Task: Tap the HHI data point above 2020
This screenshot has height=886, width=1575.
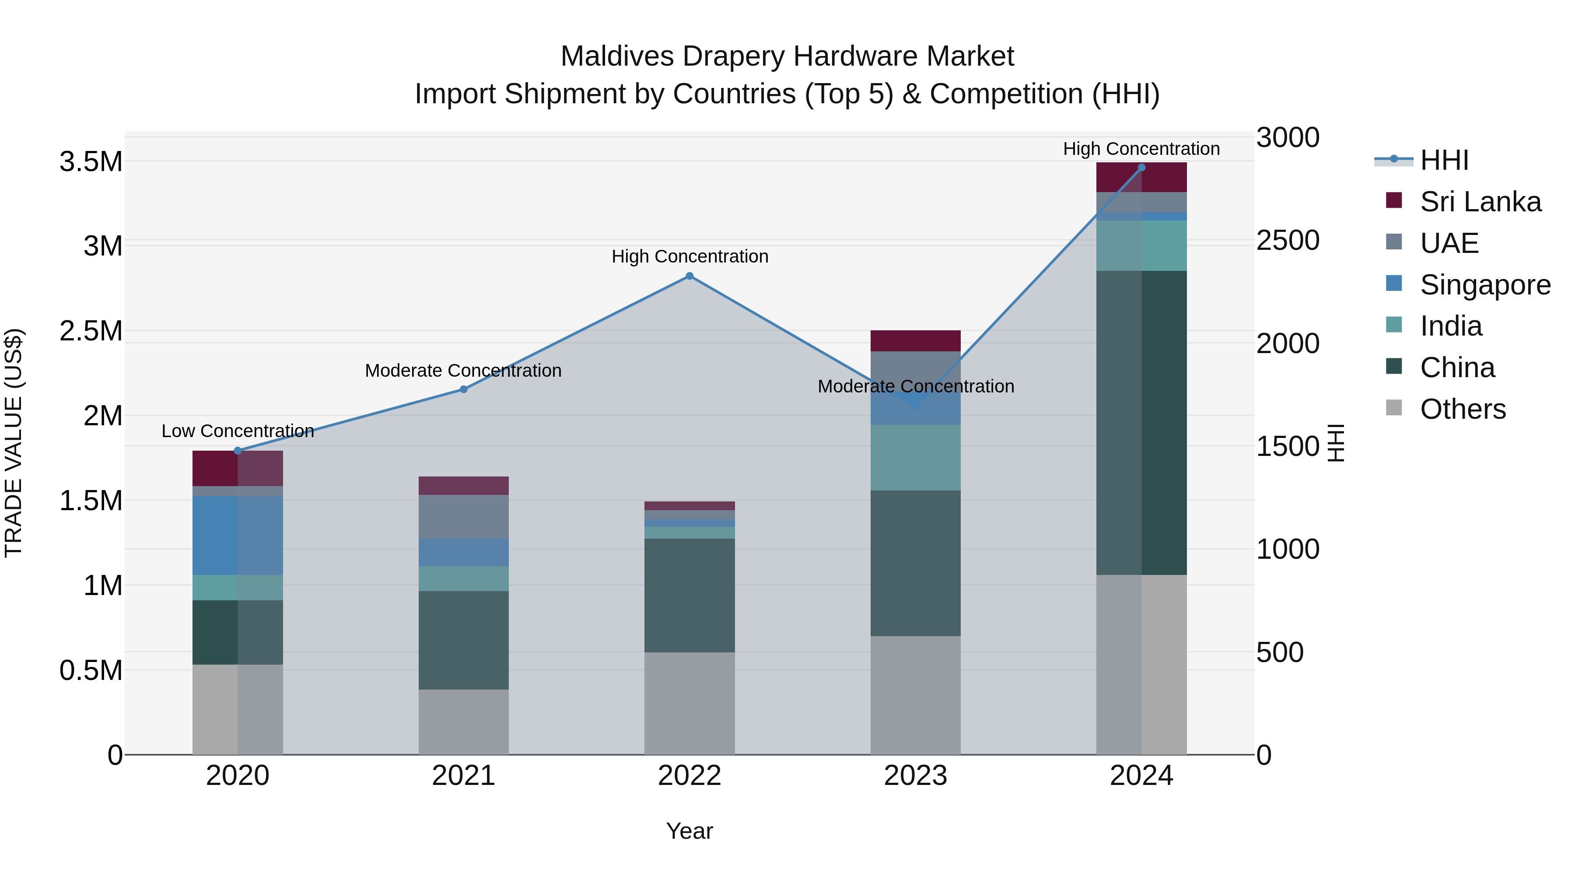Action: [238, 451]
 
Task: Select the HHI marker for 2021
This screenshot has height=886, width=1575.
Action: [463, 389]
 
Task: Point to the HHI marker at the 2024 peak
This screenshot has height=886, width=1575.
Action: [1141, 168]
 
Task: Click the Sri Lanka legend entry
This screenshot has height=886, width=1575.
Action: [1480, 202]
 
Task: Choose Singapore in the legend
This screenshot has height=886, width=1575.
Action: [1484, 285]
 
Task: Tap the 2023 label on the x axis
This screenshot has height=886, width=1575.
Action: [915, 776]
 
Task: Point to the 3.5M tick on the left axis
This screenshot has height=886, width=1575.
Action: [91, 162]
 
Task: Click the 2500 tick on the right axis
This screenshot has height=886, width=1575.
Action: [1288, 240]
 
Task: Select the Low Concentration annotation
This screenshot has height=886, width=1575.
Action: [238, 431]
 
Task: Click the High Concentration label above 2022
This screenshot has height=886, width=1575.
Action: [689, 256]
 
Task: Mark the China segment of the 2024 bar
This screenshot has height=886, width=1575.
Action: [1141, 422]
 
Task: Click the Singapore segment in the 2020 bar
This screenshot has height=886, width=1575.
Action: [238, 535]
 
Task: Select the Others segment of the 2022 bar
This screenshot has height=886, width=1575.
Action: [689, 703]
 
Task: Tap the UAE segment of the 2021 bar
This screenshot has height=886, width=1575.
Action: [463, 517]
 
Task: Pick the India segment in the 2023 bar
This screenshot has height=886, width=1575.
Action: [915, 457]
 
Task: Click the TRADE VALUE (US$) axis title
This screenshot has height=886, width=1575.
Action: [14, 443]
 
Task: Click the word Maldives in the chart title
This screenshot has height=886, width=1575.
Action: [617, 56]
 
